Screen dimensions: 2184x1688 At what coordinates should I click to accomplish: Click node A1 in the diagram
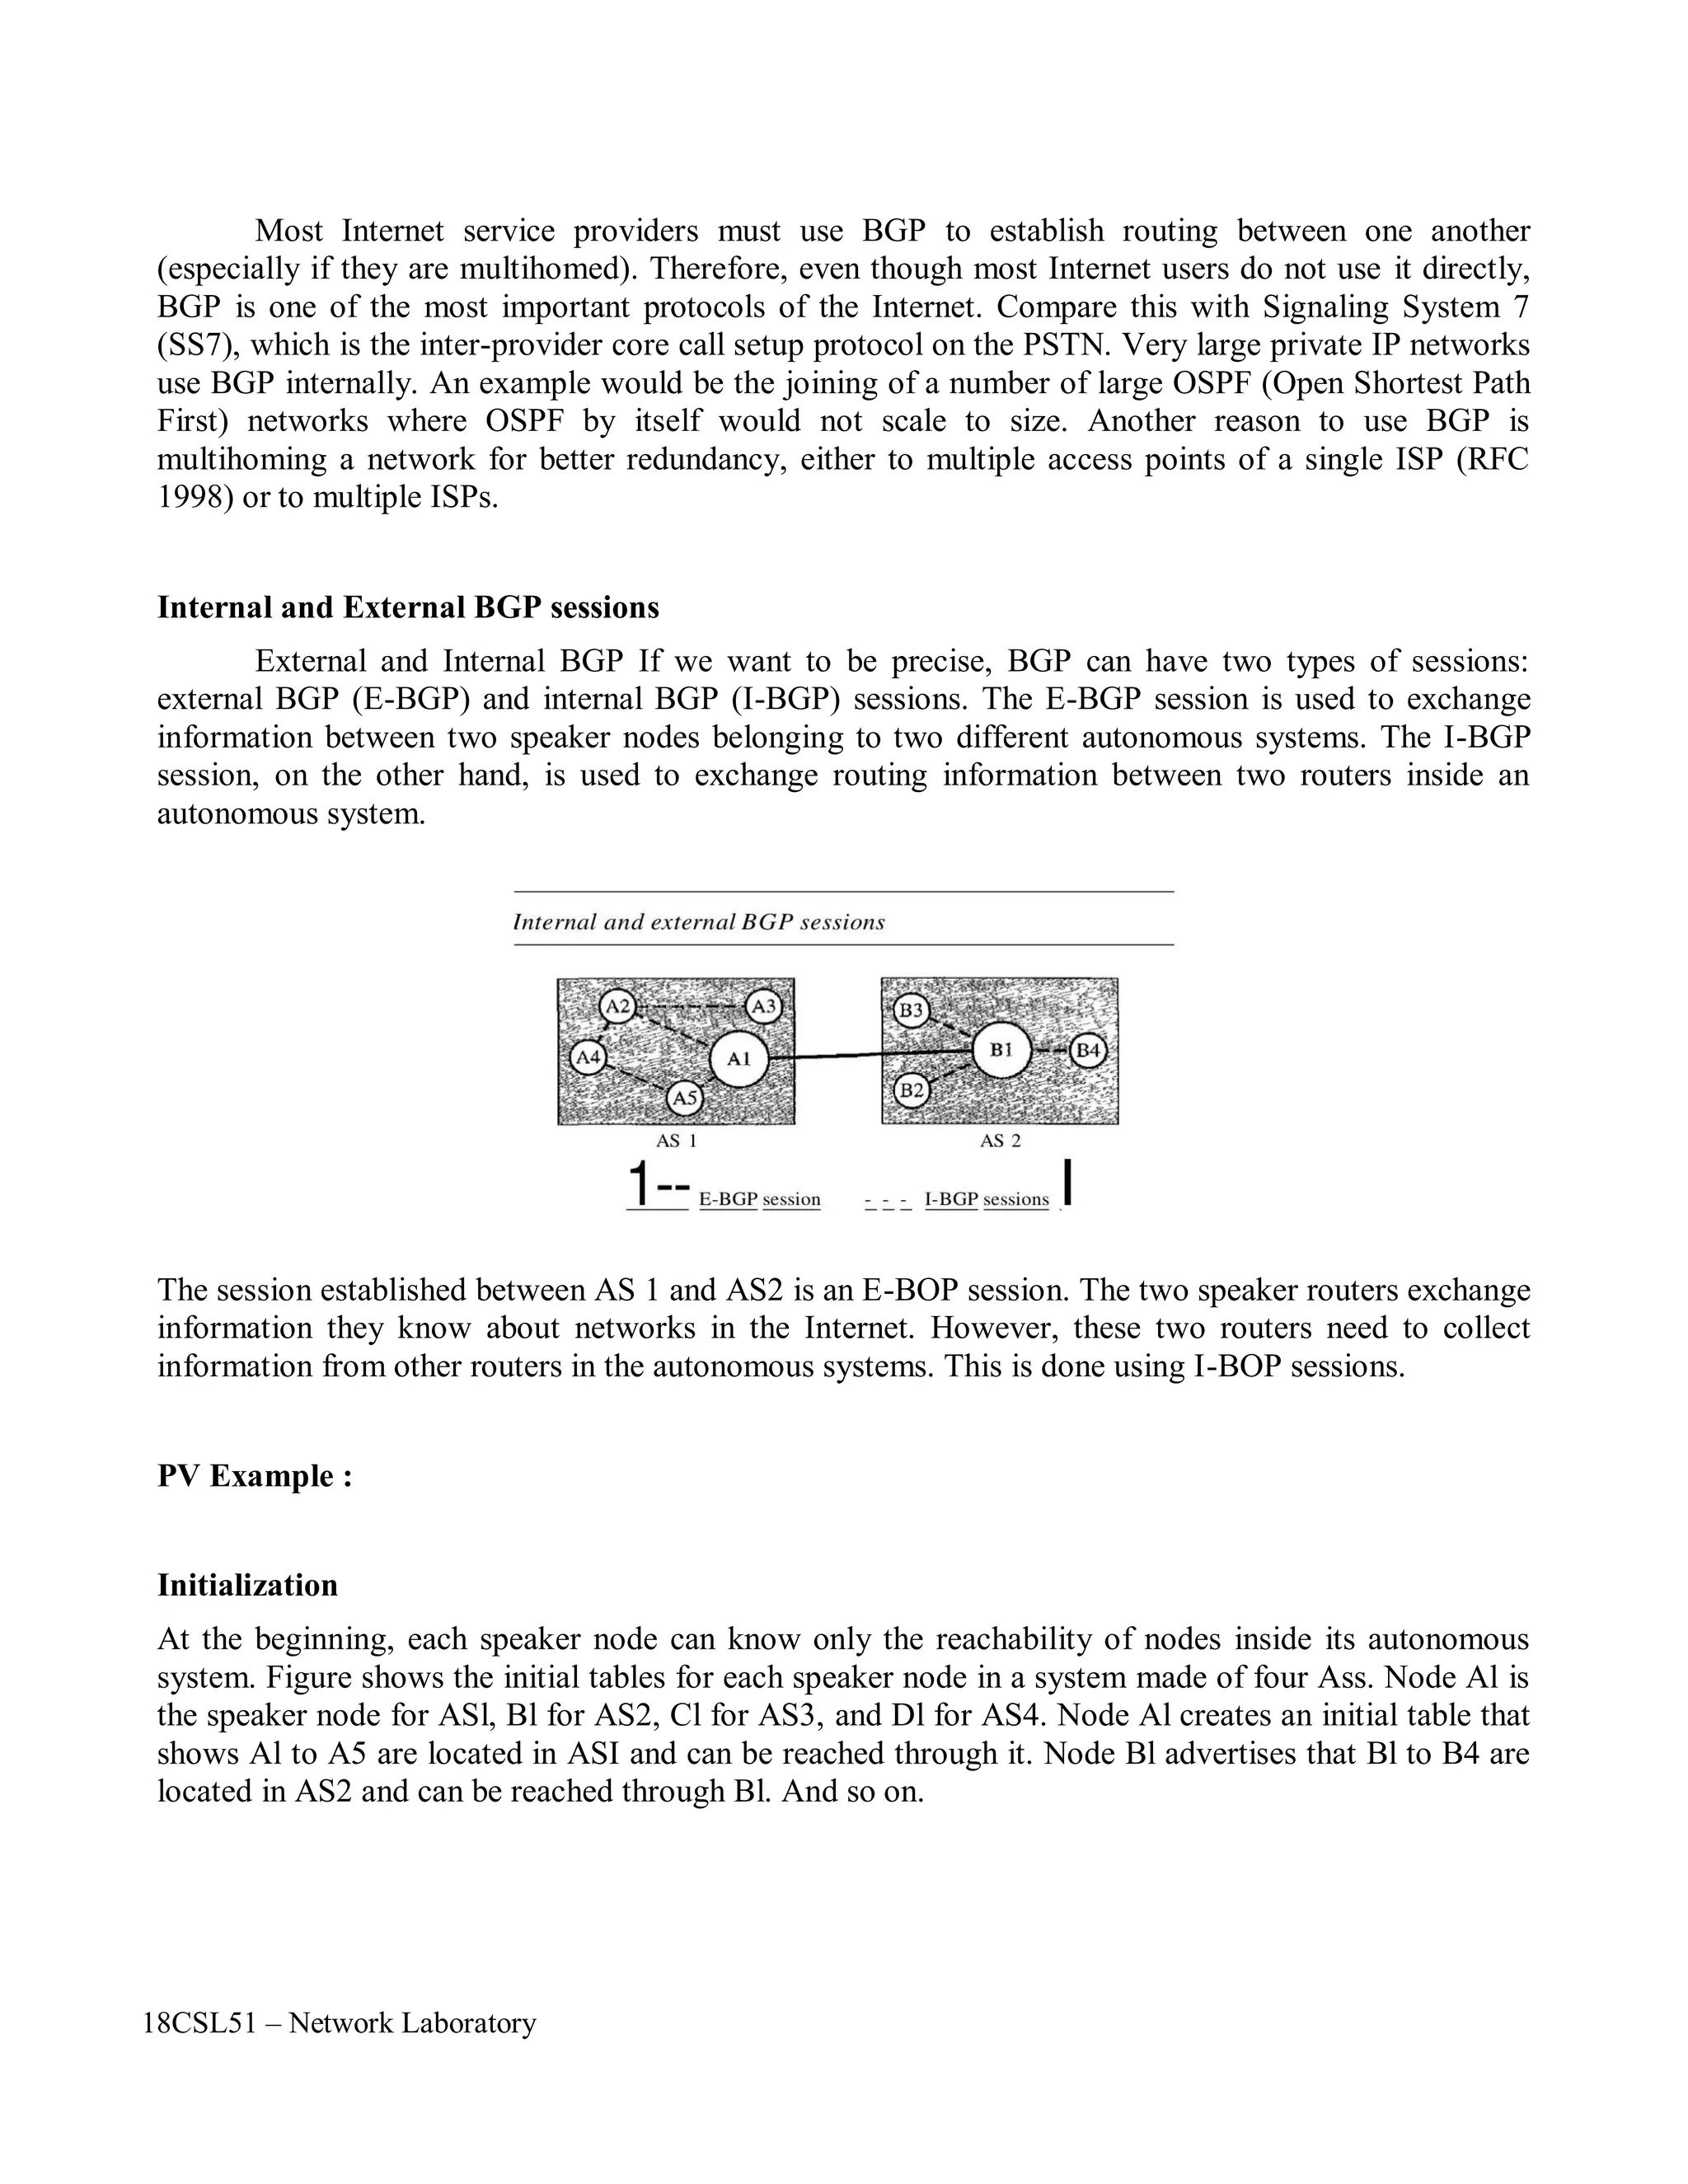(x=738, y=1059)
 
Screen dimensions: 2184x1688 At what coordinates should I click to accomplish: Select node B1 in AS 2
(x=1001, y=1050)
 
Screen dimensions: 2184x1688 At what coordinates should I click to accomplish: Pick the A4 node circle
(x=588, y=1057)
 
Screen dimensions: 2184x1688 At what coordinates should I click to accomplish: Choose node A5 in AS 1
(x=684, y=1098)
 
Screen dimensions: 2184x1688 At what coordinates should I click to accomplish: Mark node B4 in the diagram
(x=1088, y=1051)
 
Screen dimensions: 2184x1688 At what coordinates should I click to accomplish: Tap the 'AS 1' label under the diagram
(x=676, y=1141)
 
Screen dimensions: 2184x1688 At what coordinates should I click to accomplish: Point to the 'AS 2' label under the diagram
(x=1000, y=1141)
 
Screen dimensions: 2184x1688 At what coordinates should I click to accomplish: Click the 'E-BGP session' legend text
(x=759, y=1199)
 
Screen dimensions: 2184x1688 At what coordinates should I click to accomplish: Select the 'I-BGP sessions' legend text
(x=986, y=1199)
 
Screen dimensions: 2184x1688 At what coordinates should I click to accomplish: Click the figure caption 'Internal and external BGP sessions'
(x=698, y=922)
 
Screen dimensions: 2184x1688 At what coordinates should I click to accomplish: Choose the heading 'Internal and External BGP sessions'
(x=408, y=608)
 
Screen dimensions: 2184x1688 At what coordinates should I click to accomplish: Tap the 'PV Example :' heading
(x=255, y=1476)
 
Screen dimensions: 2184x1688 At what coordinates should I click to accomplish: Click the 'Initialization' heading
(x=247, y=1585)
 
